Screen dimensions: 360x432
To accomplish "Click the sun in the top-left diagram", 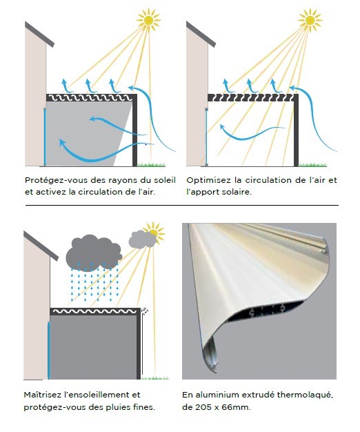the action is [x=149, y=20].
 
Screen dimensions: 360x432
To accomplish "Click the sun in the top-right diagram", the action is [x=310, y=20].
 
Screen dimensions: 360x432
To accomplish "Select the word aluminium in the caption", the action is [x=217, y=395].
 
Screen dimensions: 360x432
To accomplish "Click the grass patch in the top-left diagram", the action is [x=151, y=164].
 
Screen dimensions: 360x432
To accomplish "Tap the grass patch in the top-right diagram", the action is [x=312, y=164].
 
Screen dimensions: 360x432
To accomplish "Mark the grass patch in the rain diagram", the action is [x=155, y=377].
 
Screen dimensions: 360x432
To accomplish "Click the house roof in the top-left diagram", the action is [x=39, y=35].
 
